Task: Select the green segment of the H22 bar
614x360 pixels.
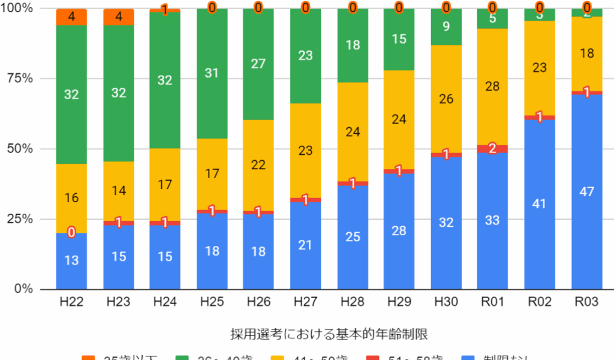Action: pyautogui.click(x=71, y=94)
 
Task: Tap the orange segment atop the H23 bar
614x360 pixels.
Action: pyautogui.click(x=118, y=17)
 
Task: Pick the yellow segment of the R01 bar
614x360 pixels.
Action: pyautogui.click(x=492, y=86)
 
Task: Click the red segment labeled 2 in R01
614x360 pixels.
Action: pyautogui.click(x=492, y=149)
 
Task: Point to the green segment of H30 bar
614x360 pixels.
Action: pyautogui.click(x=446, y=27)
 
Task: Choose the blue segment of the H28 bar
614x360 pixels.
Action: pyautogui.click(x=352, y=237)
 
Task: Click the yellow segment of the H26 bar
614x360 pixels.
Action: pyautogui.click(x=258, y=165)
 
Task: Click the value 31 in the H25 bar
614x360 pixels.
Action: pyautogui.click(x=212, y=73)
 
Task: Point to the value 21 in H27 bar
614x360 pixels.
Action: pyautogui.click(x=305, y=244)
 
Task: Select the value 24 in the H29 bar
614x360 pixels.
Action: pyautogui.click(x=399, y=119)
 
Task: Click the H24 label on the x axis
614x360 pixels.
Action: pyautogui.click(x=165, y=302)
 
